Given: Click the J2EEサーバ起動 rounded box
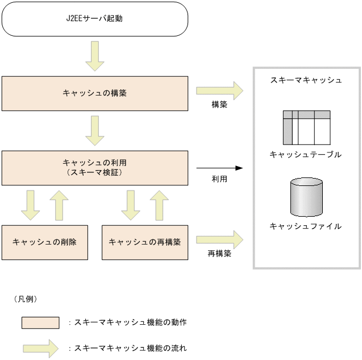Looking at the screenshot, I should click(x=94, y=18).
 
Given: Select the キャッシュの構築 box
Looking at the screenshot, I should click(x=94, y=93).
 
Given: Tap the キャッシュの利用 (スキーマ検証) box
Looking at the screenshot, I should click(x=94, y=167).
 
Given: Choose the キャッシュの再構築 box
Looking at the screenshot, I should click(x=144, y=242).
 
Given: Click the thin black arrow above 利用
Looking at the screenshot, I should click(x=219, y=168).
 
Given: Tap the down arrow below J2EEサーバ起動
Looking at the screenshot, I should click(x=94, y=56).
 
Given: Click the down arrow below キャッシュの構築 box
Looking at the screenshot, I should click(x=94, y=130).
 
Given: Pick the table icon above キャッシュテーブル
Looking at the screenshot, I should click(x=306, y=128).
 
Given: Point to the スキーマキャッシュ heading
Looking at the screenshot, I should click(x=306, y=80).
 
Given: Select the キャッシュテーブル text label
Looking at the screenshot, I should click(x=306, y=154).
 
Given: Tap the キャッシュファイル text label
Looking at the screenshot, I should click(x=306, y=226).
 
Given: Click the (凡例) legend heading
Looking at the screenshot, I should click(x=25, y=299).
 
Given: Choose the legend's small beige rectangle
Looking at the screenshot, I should click(x=40, y=322).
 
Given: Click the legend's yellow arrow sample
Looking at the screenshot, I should click(x=40, y=347).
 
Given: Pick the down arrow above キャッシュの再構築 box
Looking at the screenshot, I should click(x=131, y=205).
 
